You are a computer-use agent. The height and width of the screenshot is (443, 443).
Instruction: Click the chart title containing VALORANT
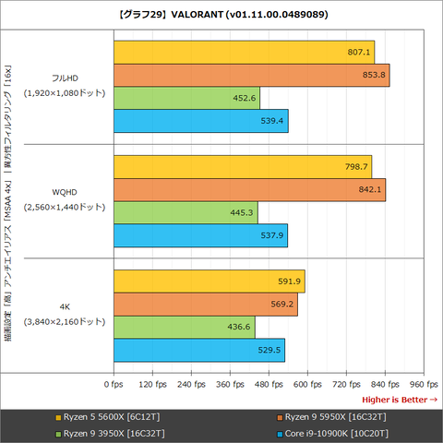tap(221, 15)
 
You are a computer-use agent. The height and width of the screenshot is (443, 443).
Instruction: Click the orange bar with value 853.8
tap(250, 75)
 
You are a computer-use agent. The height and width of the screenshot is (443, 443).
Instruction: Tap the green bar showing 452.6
tap(186, 98)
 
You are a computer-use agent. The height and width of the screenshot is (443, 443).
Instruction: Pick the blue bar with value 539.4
tap(200, 121)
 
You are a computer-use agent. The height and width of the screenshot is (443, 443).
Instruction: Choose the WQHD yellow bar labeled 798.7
tap(242, 167)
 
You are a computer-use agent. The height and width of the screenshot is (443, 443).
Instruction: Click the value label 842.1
tap(369, 190)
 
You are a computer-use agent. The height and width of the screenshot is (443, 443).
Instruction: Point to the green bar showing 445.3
tap(185, 213)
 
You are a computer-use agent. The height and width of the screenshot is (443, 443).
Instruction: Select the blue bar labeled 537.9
tap(199, 236)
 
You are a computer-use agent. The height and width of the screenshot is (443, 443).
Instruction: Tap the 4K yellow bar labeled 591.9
tap(209, 281)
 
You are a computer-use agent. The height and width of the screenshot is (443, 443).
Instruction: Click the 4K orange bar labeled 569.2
tap(205, 305)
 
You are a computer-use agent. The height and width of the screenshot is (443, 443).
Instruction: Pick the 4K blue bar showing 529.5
tap(198, 351)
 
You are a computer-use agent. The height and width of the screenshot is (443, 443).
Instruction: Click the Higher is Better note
tap(399, 399)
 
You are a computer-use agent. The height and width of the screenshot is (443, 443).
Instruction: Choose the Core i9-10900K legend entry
tap(335, 432)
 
